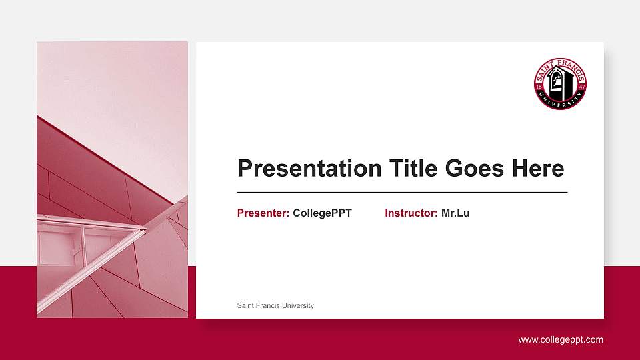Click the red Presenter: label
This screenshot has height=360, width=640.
pyautogui.click(x=263, y=213)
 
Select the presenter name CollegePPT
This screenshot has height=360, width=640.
pyautogui.click(x=322, y=213)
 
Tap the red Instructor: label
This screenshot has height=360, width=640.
pyautogui.click(x=411, y=213)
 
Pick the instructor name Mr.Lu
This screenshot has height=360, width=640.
pyautogui.click(x=455, y=213)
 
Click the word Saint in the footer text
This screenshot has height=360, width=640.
pyautogui.click(x=246, y=305)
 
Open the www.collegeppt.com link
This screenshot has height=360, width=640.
pyautogui.click(x=561, y=340)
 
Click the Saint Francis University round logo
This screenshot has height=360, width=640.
pyautogui.click(x=560, y=84)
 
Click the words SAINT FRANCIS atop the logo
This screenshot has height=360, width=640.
pyautogui.click(x=560, y=64)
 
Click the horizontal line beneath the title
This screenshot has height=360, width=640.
pyautogui.click(x=402, y=192)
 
